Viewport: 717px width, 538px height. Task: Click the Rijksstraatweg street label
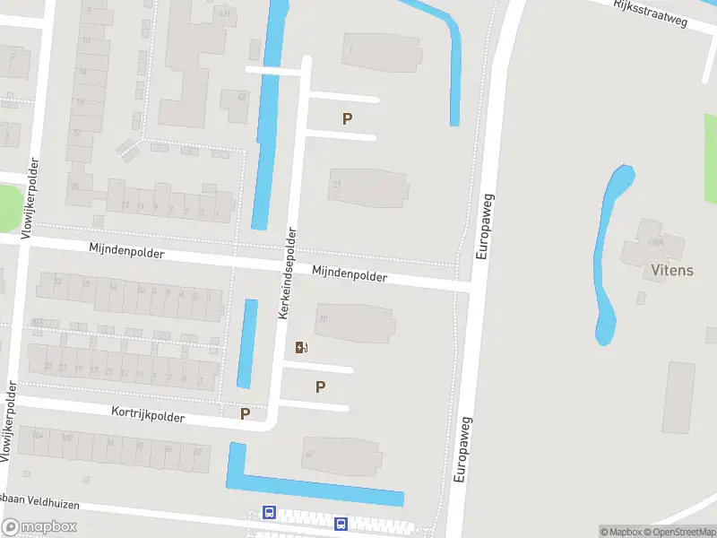coord(651,14)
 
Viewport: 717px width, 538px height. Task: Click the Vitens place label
coord(672,270)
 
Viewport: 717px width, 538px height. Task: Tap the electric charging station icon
coord(302,347)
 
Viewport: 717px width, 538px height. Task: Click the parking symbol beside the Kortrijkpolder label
coord(245,414)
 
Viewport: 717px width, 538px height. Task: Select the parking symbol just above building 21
coord(347,118)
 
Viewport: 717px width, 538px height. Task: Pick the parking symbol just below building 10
coord(320,387)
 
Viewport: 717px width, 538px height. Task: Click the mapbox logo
coord(39,526)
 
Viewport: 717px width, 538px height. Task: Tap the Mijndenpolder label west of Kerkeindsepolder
coord(126,253)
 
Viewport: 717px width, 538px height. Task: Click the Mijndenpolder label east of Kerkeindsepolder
coord(350,274)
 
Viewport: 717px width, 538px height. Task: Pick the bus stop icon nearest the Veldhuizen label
coord(269,512)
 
